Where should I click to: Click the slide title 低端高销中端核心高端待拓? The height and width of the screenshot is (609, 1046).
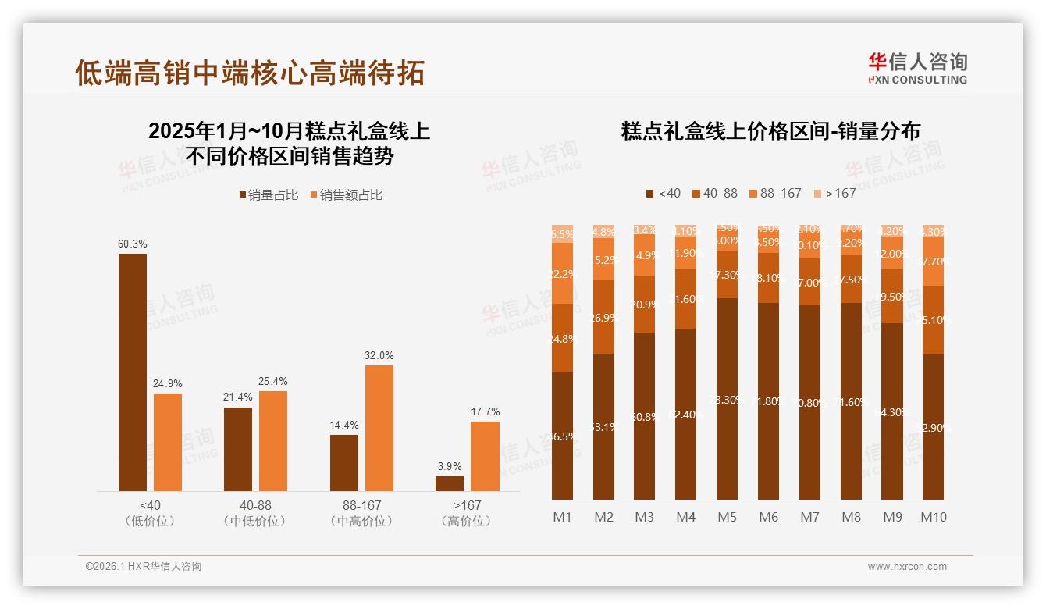click(x=250, y=72)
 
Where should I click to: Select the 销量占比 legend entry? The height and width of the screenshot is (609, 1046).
click(x=269, y=195)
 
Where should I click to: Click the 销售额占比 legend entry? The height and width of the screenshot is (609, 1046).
click(x=347, y=195)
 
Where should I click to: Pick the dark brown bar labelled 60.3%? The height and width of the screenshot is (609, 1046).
click(x=133, y=372)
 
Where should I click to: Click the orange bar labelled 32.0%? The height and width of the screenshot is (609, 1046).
click(x=379, y=428)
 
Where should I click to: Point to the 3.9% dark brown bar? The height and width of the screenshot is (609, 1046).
click(x=450, y=483)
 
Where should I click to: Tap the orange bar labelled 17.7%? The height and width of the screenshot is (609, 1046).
click(x=485, y=456)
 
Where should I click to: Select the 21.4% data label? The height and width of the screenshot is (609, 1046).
click(x=238, y=397)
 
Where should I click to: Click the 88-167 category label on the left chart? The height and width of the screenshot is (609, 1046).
click(x=361, y=506)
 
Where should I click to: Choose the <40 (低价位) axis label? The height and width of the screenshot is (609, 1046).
click(x=149, y=513)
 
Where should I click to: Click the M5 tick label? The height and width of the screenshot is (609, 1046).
click(x=728, y=517)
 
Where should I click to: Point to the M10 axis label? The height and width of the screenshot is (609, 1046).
click(x=934, y=517)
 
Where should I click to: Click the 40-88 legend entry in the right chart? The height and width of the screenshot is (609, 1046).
click(x=714, y=193)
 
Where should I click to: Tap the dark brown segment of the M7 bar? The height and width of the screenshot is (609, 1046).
click(x=810, y=402)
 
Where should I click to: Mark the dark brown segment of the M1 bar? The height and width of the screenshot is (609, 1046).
click(x=562, y=436)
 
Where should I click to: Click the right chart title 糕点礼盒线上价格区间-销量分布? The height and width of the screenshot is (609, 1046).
click(x=770, y=130)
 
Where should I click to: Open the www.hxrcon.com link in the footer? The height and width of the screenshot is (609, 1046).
click(x=907, y=567)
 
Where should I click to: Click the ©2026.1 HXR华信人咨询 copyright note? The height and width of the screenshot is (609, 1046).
click(x=144, y=567)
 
